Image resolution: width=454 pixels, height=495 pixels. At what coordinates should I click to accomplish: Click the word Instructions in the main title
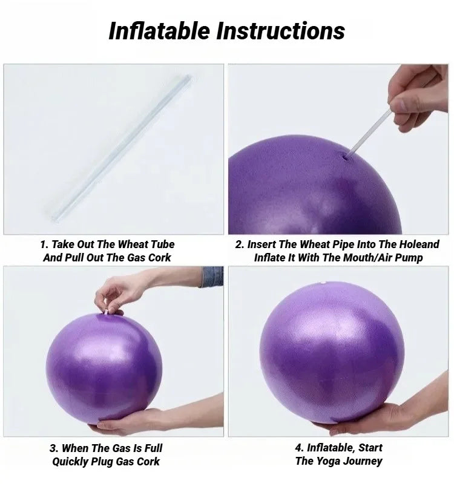281,30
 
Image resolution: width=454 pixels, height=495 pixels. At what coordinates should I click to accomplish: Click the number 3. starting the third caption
54,448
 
